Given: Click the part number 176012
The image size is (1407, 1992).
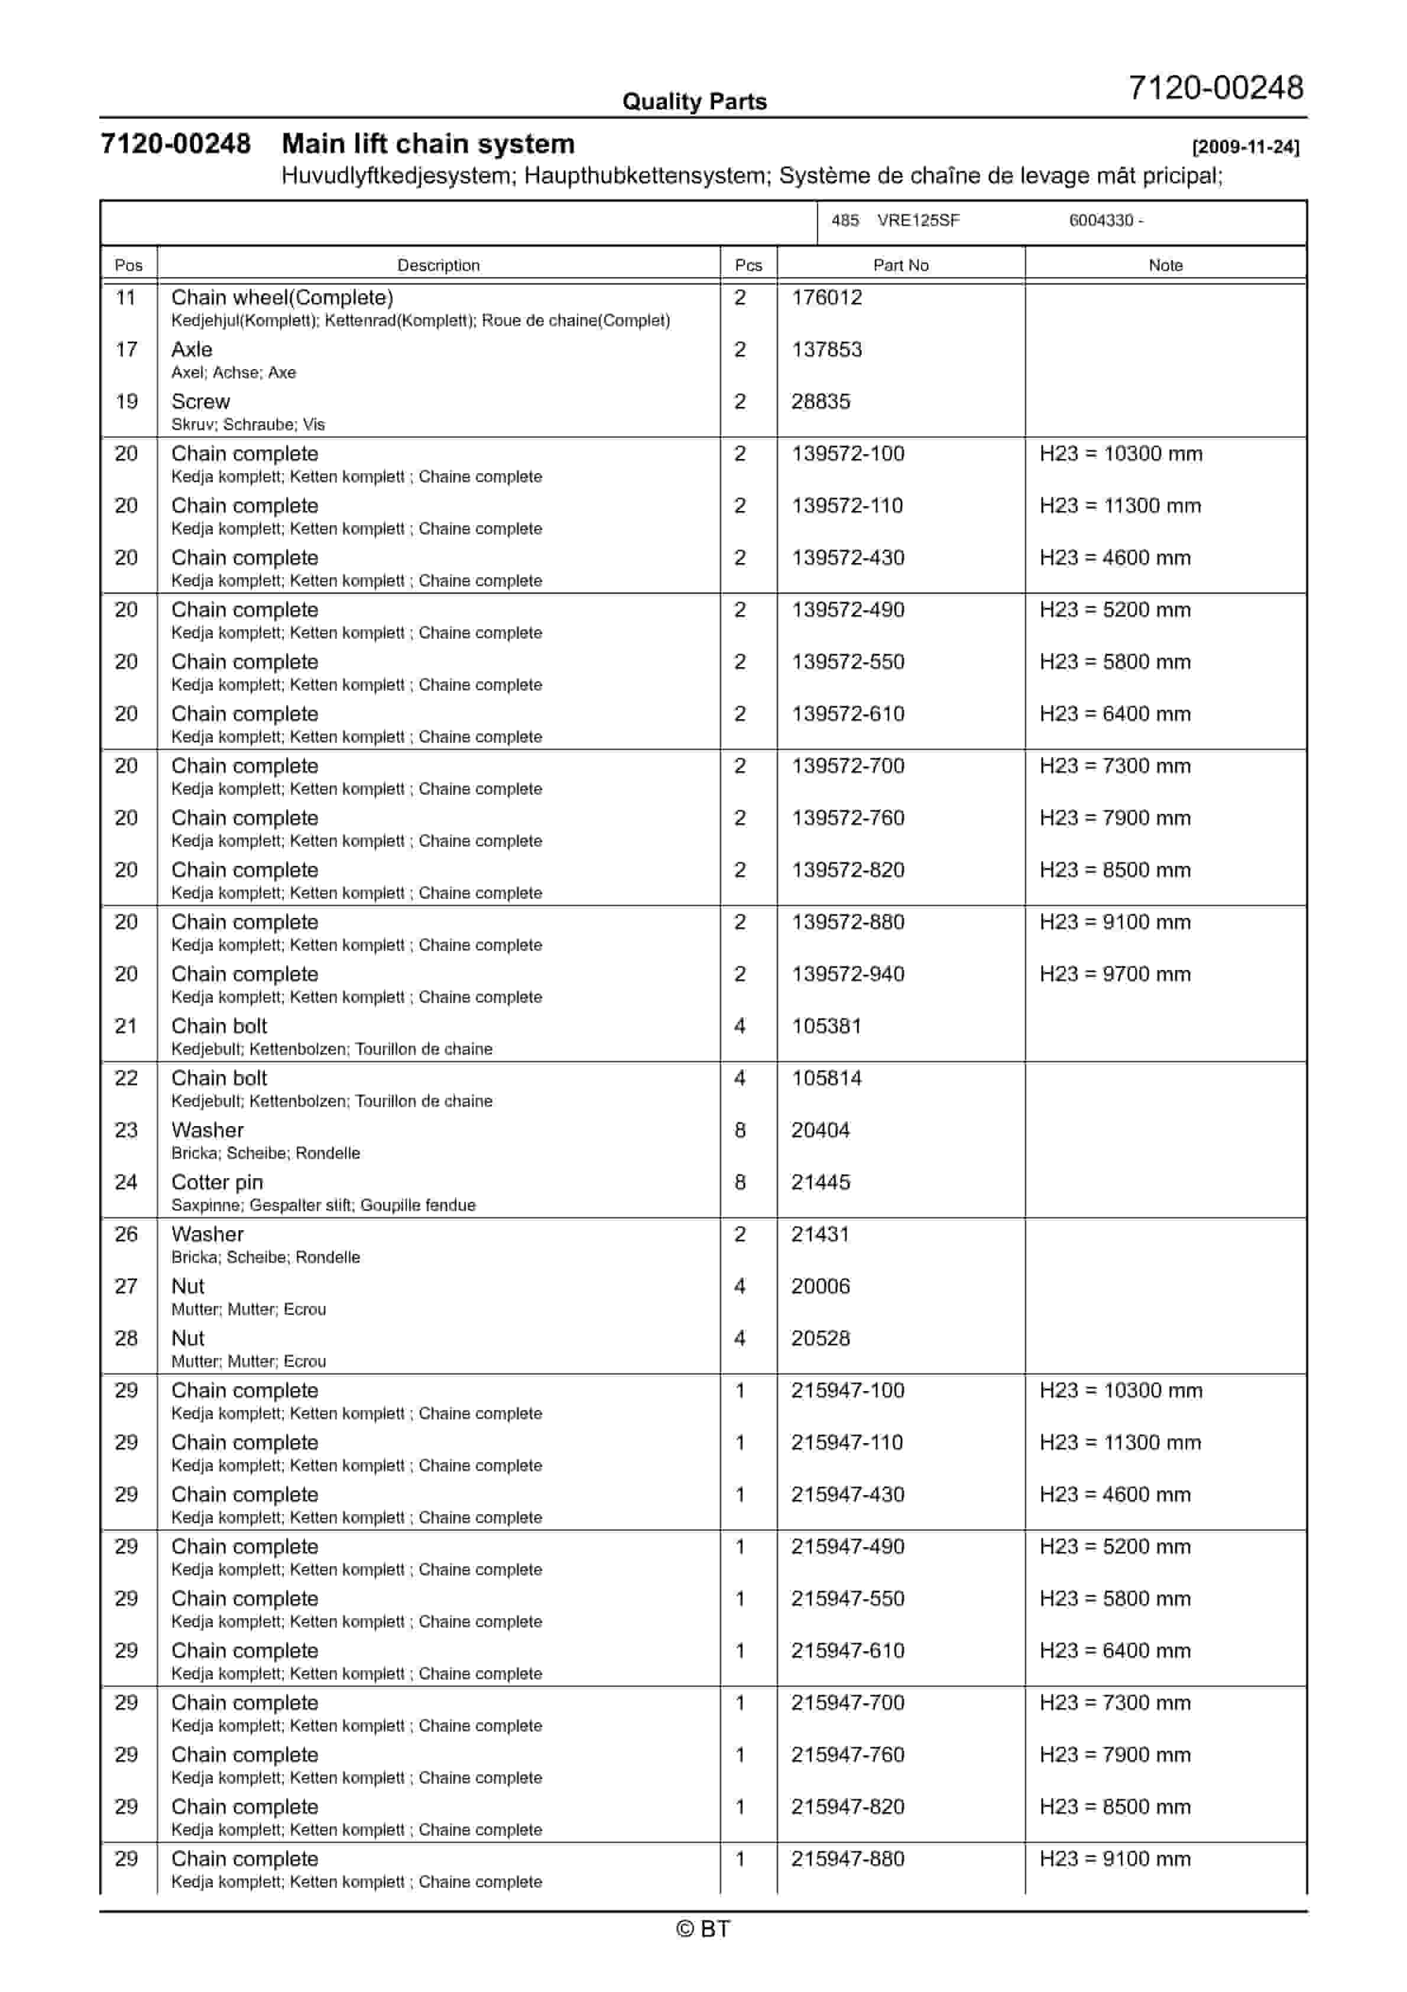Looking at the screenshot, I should [826, 297].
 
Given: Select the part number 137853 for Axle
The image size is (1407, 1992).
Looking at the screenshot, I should [826, 350].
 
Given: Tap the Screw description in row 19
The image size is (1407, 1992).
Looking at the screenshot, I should [200, 402].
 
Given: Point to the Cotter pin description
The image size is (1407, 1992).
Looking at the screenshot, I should [217, 1182].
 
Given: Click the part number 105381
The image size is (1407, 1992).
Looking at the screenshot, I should [826, 1026].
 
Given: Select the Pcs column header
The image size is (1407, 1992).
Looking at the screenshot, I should [748, 266].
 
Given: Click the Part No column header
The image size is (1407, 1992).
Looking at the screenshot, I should [900, 266].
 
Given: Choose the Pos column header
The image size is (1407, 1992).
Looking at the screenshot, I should [128, 266].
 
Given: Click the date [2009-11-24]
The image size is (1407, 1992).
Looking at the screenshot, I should [1245, 147].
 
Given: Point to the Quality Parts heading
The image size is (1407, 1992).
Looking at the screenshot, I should [694, 102].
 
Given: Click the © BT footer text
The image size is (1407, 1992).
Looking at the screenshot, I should [703, 1929].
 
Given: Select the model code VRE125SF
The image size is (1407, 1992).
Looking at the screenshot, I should [918, 221].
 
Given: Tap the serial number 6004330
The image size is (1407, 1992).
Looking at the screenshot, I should [1100, 221].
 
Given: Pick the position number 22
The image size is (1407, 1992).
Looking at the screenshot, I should [127, 1078].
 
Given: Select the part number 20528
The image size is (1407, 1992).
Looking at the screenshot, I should [820, 1338].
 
